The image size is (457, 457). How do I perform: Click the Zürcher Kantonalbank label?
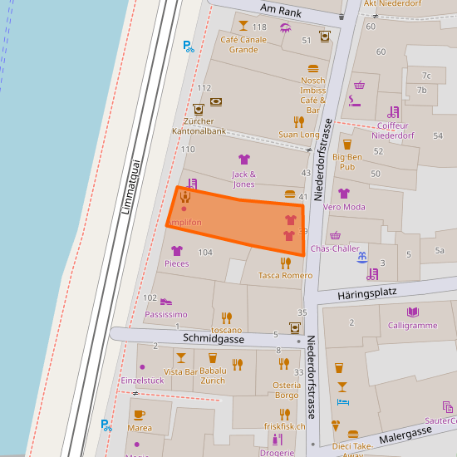point(199,126)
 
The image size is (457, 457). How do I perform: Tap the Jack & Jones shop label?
point(243,179)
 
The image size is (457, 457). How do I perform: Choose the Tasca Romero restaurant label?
point(285,275)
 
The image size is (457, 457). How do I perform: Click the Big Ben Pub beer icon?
point(347,144)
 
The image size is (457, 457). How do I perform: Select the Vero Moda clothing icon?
point(344,194)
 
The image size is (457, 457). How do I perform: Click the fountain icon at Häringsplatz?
point(361,258)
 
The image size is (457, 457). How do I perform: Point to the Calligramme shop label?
point(412,325)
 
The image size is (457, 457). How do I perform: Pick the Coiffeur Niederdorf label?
point(393,130)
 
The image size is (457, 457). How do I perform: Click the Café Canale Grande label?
point(243,44)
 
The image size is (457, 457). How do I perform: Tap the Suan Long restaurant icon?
point(298,121)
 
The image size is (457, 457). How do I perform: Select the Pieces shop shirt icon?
point(176,250)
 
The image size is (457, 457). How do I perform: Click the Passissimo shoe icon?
point(166,302)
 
